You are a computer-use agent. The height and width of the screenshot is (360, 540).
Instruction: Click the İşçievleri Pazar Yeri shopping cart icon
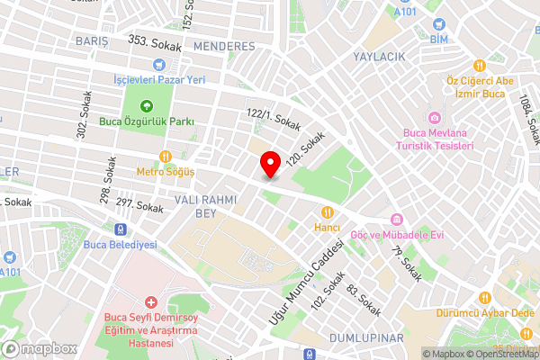click(x=159, y=64)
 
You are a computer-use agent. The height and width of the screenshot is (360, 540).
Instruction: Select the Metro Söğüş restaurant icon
click(x=166, y=156)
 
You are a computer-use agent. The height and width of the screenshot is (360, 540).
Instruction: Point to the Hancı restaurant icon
click(x=328, y=213)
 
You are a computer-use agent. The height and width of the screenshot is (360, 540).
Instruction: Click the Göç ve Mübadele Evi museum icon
click(x=396, y=220)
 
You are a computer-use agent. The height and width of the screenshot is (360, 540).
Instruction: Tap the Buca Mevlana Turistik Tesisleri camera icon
click(x=435, y=119)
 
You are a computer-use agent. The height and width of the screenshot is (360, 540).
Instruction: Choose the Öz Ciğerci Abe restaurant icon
click(x=480, y=65)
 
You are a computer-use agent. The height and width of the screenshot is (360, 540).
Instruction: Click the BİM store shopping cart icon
click(x=438, y=25)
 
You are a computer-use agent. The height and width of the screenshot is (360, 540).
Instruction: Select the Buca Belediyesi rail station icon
click(x=119, y=229)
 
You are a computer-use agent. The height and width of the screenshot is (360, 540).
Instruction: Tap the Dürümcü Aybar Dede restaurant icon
click(x=485, y=297)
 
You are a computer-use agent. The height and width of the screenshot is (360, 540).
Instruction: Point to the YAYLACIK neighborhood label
click(x=381, y=57)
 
